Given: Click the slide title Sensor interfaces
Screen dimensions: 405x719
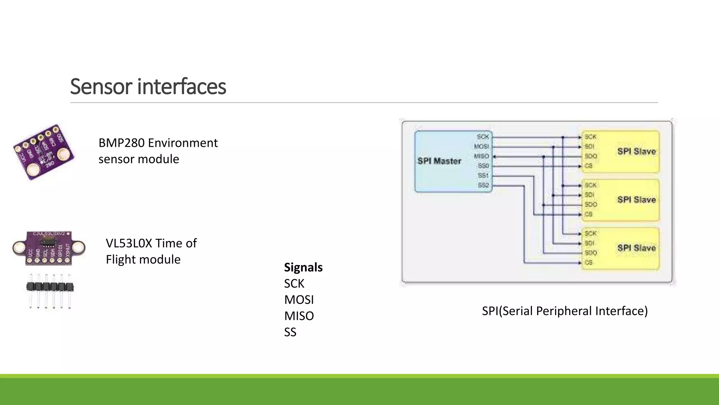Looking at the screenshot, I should point(148,86).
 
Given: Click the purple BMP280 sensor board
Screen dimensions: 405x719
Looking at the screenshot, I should point(44,152).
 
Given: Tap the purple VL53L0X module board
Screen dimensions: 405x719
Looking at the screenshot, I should point(49,248).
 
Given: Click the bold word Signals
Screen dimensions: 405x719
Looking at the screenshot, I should point(303,268).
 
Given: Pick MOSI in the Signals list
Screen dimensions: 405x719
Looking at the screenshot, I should point(299,300).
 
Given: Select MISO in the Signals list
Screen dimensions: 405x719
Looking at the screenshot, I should point(299,316).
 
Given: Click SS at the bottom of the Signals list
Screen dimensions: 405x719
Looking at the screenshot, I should point(290,332).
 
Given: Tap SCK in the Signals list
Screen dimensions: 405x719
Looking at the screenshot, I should point(294,284).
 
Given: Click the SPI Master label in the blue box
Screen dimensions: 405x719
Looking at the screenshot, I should point(439,161).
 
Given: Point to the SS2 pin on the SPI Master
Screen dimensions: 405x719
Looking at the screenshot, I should point(483,185).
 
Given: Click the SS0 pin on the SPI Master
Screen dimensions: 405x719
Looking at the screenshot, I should point(483,166).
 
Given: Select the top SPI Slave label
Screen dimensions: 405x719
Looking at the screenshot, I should point(636,152).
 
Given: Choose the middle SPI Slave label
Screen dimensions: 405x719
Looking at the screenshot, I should point(636,200).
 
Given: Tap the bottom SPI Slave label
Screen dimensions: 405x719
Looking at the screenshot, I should point(636,248).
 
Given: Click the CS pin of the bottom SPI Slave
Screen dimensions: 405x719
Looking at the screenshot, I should point(589,263).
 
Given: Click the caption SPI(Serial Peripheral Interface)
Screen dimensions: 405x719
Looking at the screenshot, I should point(565,311).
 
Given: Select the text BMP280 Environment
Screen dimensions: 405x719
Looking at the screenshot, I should point(158,143).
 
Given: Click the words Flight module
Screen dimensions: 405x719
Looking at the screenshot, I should point(143,260).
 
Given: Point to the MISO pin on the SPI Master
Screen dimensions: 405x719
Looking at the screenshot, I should point(481,156).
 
